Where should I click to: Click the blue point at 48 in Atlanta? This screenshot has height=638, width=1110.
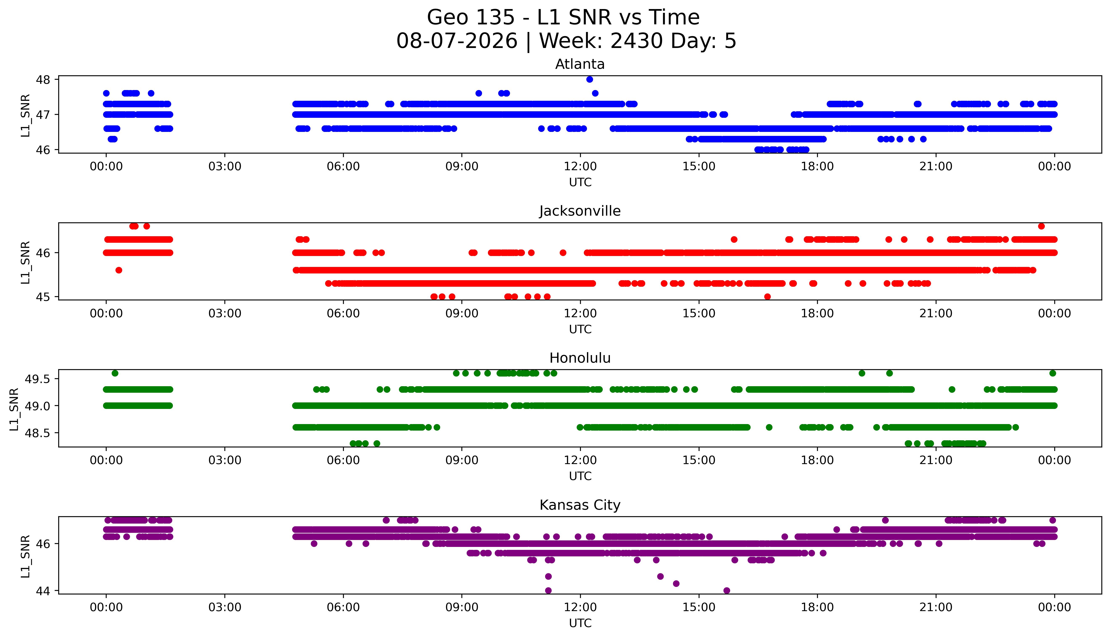point(590,79)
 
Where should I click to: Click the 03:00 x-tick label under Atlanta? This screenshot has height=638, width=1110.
point(225,167)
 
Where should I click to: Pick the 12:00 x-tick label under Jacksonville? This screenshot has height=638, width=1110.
point(580,313)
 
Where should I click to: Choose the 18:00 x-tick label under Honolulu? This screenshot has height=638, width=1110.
point(817,460)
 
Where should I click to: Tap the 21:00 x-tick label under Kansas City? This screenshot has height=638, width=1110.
point(936,607)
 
